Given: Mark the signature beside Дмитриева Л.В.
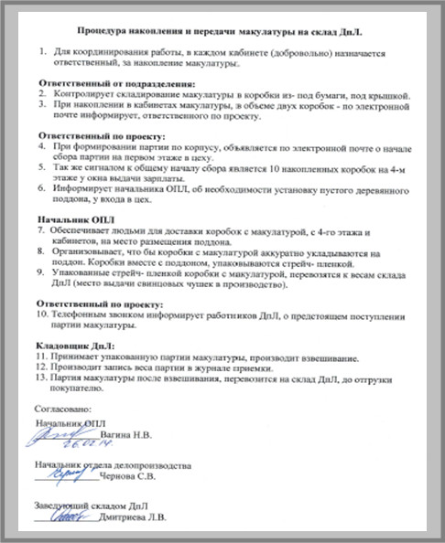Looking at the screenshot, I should [71, 516].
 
